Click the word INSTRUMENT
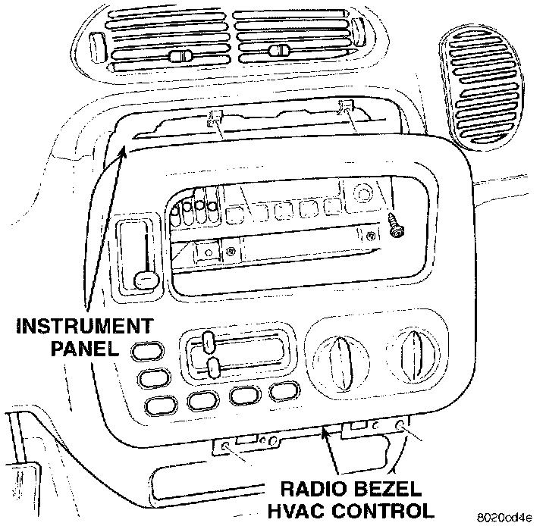coord(83,327)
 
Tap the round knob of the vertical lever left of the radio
coord(145,280)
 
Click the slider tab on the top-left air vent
coord(180,58)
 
